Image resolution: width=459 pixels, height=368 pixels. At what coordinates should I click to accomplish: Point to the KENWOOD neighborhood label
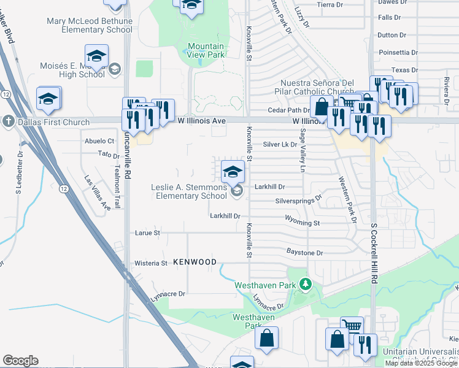195,263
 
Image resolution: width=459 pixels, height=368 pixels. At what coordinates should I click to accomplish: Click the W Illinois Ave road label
202,121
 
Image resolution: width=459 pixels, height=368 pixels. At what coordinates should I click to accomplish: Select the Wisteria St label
150,263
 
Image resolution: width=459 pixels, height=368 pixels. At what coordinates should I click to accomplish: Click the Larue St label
147,233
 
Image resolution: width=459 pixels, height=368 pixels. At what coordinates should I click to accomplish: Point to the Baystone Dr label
304,253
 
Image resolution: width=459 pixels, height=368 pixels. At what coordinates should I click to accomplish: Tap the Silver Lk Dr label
280,145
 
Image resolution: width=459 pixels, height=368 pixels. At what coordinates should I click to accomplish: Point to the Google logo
20,361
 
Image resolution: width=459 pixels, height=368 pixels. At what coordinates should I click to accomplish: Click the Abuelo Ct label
99,140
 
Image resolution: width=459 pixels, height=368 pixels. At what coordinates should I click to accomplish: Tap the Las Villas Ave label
98,193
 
